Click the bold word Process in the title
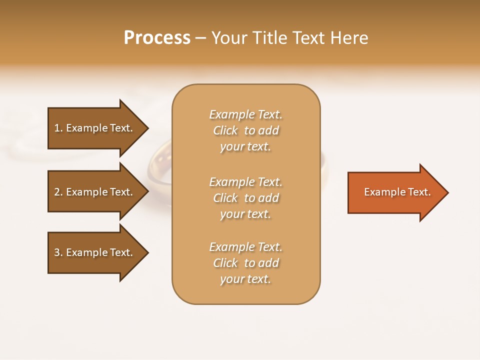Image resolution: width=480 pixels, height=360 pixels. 157,38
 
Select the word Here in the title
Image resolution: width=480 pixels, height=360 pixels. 349,38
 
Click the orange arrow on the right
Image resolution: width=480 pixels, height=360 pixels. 395,192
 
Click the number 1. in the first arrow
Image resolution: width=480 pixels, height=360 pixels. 58,128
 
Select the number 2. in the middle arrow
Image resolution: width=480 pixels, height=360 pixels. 58,192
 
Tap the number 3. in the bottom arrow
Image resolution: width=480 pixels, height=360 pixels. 58,252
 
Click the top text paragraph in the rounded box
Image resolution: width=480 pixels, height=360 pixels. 245,130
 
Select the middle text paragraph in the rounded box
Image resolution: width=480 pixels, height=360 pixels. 245,198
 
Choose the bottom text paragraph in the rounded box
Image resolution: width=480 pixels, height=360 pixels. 245,263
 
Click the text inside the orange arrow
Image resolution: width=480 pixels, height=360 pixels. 397,192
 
